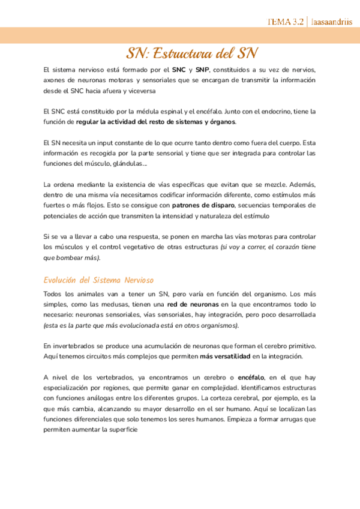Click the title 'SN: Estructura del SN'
192,53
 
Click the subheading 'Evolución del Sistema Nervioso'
98,280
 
